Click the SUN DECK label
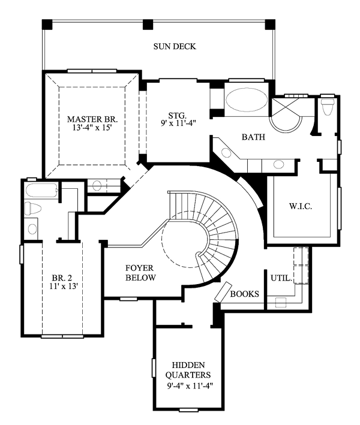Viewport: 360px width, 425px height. coord(175,46)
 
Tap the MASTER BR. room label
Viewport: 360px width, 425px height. coord(92,119)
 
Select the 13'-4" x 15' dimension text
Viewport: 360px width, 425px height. coord(92,128)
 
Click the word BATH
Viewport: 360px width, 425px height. coord(253,137)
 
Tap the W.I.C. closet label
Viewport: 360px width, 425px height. coord(301,206)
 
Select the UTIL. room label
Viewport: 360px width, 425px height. coord(281,278)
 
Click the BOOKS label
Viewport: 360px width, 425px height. coord(244,294)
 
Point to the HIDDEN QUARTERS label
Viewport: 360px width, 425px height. coord(188,370)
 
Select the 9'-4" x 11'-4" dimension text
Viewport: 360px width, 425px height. coord(190,385)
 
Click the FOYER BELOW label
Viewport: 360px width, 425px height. coord(140,273)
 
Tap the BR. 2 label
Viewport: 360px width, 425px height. coord(62,278)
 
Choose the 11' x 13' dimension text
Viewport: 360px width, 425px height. coord(64,286)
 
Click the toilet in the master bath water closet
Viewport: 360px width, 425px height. coord(327,107)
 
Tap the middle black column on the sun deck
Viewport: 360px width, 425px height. coord(148,25)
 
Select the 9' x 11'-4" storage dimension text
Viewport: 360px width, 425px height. coord(178,123)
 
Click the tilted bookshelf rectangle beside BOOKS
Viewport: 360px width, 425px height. coord(223,292)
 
